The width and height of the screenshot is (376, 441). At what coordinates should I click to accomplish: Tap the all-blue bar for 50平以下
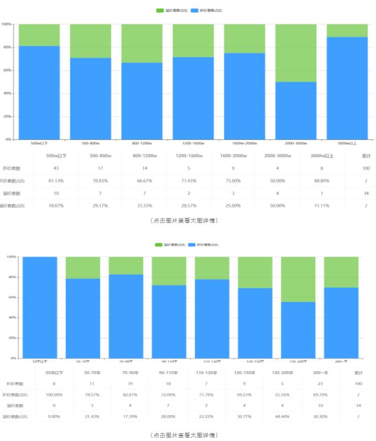[39, 307]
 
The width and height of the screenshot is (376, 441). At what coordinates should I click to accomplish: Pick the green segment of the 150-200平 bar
[298, 279]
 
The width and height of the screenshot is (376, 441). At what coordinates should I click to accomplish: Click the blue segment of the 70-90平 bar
[126, 316]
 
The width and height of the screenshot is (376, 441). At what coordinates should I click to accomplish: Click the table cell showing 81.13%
[56, 181]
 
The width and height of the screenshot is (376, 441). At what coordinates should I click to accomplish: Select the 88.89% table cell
[314, 181]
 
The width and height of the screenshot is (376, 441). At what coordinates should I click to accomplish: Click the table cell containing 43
[56, 168]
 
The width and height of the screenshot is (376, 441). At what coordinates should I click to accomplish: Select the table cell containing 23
[321, 383]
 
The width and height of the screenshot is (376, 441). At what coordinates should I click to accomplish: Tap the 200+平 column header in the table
[321, 372]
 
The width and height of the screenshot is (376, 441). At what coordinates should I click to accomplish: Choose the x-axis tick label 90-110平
[169, 361]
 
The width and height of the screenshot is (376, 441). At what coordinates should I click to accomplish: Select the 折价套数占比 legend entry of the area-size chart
[204, 245]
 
